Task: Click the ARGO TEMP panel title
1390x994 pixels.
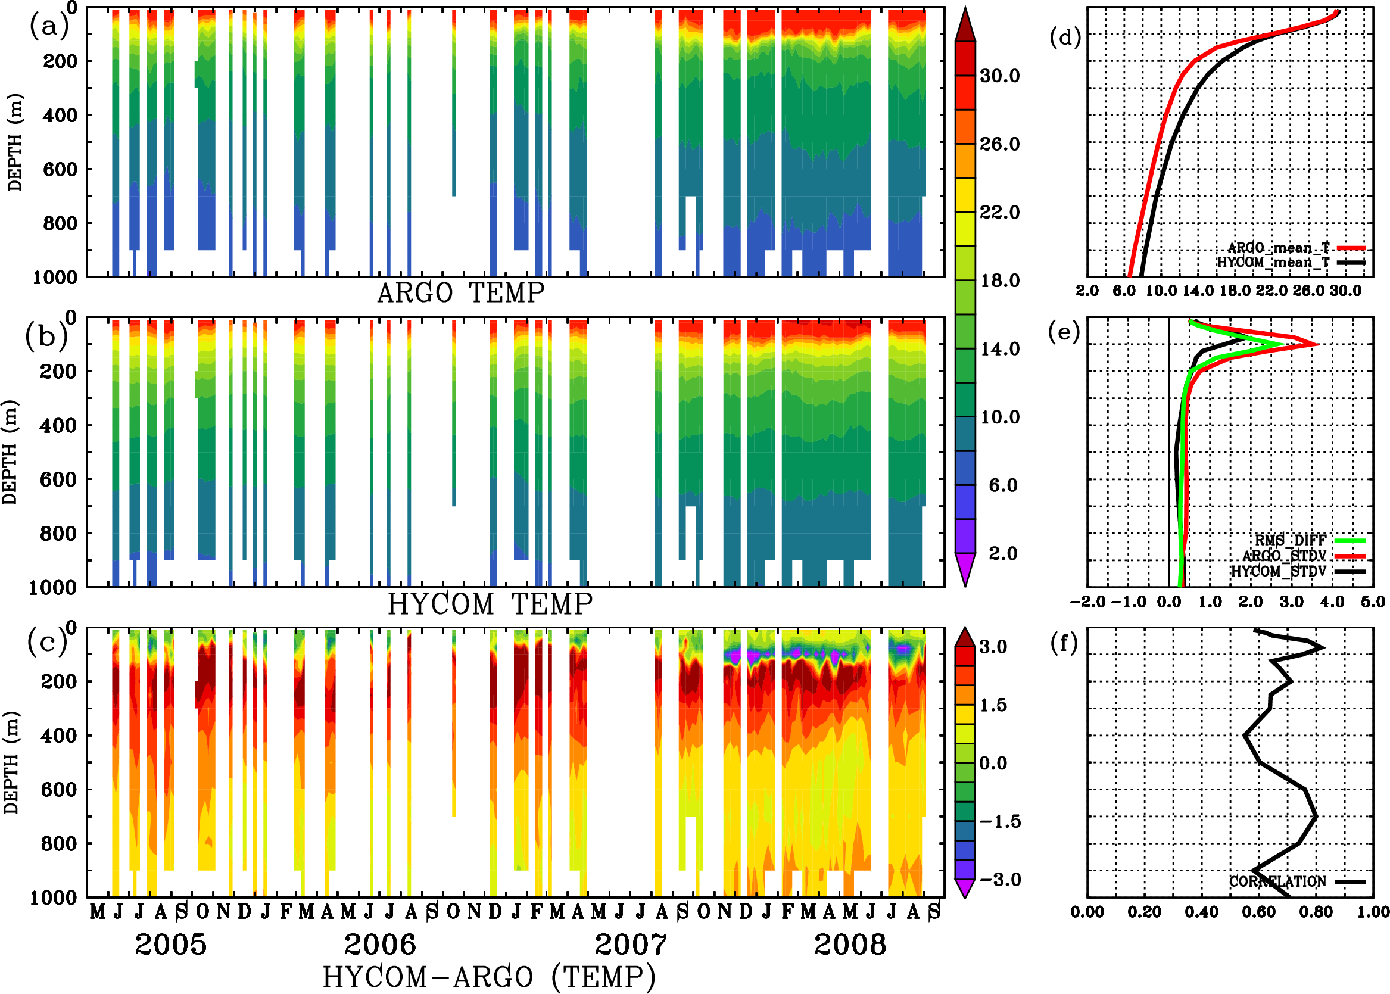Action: (460, 293)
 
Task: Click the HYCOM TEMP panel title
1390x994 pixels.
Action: (490, 604)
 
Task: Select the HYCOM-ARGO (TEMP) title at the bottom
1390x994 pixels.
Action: (488, 977)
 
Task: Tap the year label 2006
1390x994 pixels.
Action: (380, 945)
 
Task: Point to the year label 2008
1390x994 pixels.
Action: (850, 945)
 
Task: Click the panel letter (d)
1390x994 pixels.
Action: (1065, 38)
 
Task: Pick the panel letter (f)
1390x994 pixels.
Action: (1064, 643)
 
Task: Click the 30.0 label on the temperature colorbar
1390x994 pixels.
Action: (999, 76)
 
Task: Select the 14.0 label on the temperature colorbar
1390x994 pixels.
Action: (999, 349)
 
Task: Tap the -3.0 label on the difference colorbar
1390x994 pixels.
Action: (1000, 880)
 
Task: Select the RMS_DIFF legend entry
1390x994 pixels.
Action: (1290, 540)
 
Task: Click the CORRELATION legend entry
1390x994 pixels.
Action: (1278, 881)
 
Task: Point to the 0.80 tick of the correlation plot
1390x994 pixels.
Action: (1316, 912)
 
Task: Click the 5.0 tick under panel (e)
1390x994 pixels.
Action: (1373, 602)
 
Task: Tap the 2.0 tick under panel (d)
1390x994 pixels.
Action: (1087, 291)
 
